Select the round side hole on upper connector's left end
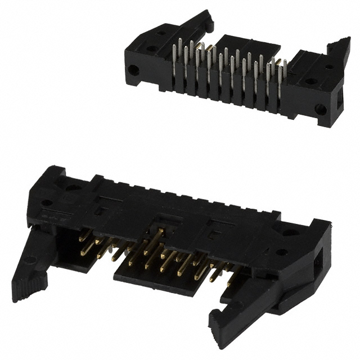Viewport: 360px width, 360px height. point(133,71)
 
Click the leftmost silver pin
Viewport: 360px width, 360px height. point(175,61)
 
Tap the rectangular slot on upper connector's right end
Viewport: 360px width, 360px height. point(339,102)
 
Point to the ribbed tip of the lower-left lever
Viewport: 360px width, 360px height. point(24,292)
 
